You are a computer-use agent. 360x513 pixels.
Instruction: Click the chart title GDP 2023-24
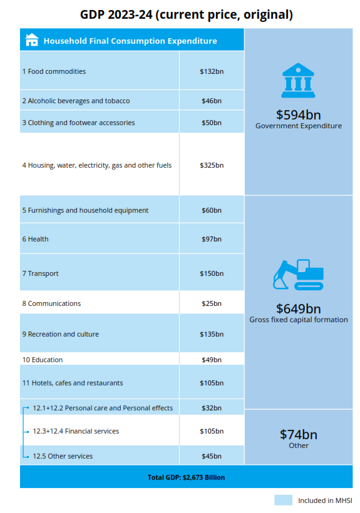[x=186, y=14]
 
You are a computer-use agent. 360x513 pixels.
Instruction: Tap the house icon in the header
[x=31, y=41]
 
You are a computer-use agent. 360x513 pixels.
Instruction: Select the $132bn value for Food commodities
[x=211, y=71]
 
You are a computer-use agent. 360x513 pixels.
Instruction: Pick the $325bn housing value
[x=211, y=166]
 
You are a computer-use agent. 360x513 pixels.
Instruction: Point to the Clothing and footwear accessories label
[x=78, y=123]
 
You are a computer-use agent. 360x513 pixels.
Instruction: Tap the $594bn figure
[x=298, y=114]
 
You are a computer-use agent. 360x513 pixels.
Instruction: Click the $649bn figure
[x=298, y=308]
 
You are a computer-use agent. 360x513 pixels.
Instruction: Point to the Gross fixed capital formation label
[x=299, y=320]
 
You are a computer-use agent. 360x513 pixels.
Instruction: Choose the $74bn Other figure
[x=298, y=434]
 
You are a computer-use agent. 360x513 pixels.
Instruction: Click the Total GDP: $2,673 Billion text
[x=186, y=477]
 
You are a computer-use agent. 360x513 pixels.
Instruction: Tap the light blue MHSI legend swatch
[x=283, y=500]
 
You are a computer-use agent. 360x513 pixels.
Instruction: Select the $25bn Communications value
[x=211, y=303]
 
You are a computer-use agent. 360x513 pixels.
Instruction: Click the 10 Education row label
[x=42, y=360]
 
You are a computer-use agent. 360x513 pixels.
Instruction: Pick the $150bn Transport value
[x=211, y=273]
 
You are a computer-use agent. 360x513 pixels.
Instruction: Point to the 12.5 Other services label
[x=63, y=456]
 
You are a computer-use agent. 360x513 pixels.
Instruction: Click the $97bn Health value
[x=211, y=239]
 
